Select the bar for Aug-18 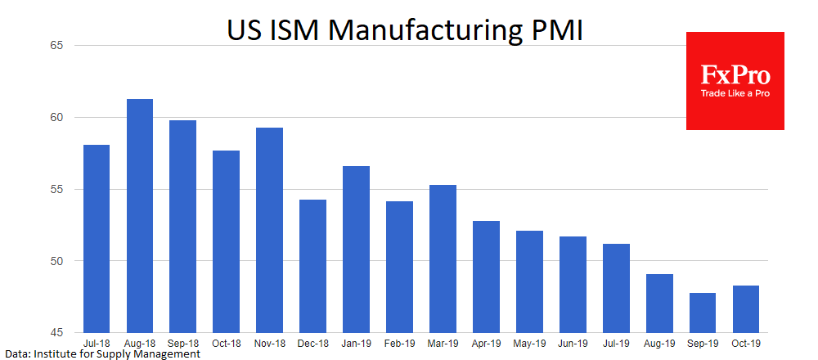(139, 216)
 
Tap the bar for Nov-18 (268, 230)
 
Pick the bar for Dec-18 (312, 266)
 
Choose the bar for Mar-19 (443, 259)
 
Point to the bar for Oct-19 (746, 309)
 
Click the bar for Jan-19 (356, 250)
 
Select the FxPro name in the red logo (735, 75)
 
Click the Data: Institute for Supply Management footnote (102, 354)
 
